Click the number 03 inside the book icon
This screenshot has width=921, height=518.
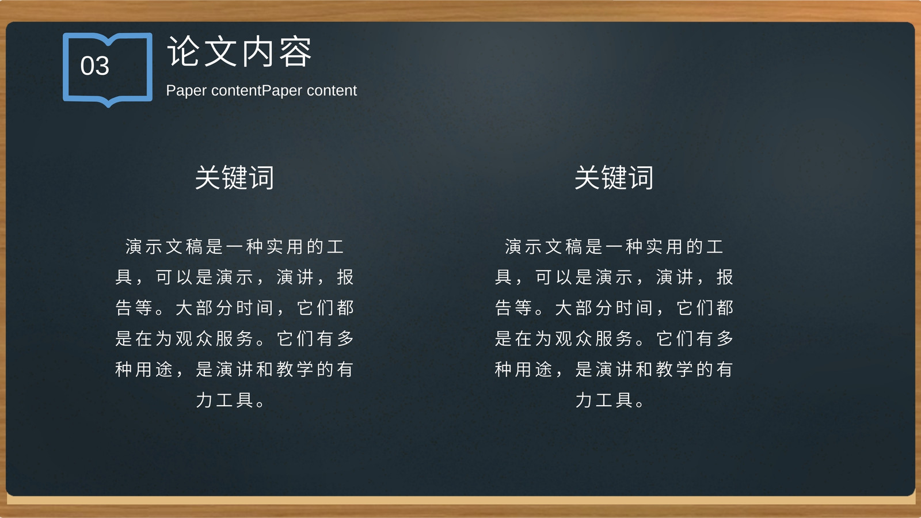point(95,66)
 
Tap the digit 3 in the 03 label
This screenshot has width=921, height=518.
point(102,66)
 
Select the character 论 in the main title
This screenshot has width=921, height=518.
point(183,51)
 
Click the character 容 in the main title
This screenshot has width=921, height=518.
point(296,51)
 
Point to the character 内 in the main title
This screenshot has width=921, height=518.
point(258,51)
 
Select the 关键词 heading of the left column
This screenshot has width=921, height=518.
point(234,178)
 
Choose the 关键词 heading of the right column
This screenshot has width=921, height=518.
point(614,178)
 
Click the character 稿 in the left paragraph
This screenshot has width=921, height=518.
point(194,247)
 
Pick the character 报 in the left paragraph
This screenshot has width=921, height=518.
point(345,277)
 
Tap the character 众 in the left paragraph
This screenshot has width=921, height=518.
point(204,338)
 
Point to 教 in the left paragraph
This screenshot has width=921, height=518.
point(284,369)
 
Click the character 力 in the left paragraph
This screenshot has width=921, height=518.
point(204,399)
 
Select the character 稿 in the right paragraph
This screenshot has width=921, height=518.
point(573,247)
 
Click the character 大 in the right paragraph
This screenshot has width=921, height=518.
point(564,307)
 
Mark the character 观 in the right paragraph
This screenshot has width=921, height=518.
point(564,338)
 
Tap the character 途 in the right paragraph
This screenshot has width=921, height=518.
point(543,369)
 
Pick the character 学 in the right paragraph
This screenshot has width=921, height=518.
point(684,369)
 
